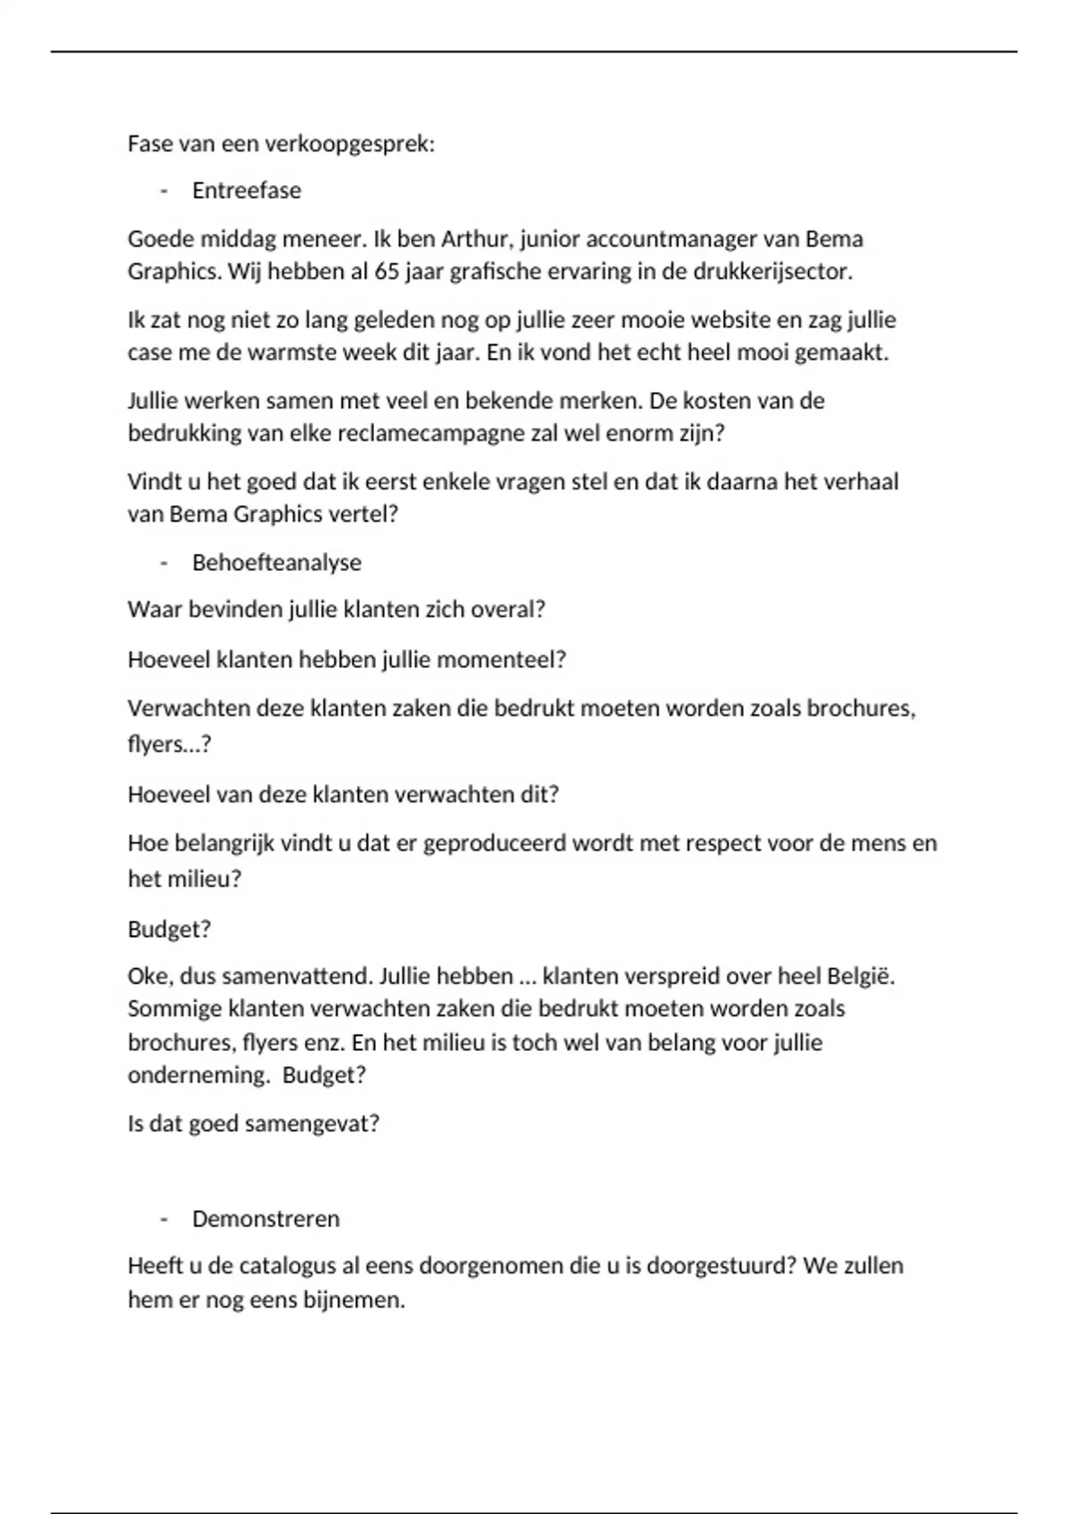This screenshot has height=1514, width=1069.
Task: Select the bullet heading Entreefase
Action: pos(247,191)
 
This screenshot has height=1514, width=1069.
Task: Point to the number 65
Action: pos(388,272)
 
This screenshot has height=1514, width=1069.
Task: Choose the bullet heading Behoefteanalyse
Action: pos(277,563)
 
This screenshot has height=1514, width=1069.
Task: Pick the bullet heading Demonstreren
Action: pos(266,1219)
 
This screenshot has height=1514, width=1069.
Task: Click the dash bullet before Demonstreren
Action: pos(164,1219)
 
